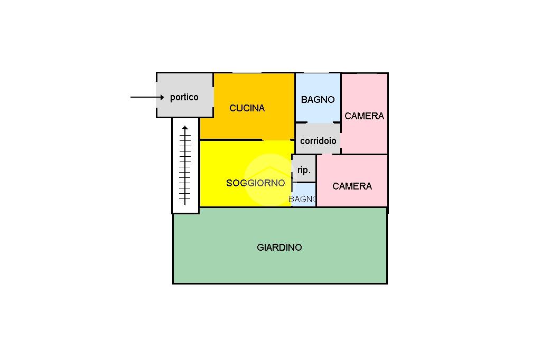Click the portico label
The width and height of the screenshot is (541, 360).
coord(184,97)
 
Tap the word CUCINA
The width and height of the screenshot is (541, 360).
coord(247,108)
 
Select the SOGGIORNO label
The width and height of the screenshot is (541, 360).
coord(255,183)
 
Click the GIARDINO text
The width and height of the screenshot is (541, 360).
coord(279,247)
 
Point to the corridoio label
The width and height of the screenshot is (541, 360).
coord(318,141)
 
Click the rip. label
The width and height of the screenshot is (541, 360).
coord(304,170)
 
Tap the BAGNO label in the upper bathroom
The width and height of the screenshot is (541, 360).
coord(318,99)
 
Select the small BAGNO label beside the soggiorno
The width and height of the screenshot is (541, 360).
coord(303,199)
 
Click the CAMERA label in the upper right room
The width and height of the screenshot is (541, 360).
coord(364,116)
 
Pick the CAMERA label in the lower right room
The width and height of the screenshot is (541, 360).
coord(352,186)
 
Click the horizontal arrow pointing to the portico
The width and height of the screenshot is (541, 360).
coord(147,97)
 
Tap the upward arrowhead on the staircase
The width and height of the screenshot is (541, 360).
coord(185,128)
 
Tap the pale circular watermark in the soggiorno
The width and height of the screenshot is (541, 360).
coord(269,176)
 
